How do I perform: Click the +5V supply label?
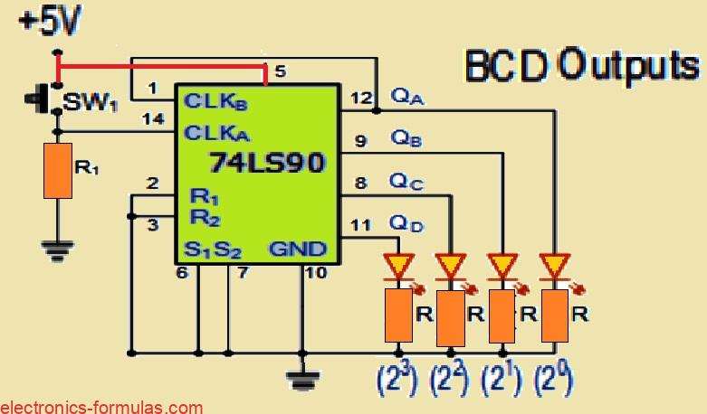point(43,20)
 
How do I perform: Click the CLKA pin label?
point(216,133)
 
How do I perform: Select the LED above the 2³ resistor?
point(397,266)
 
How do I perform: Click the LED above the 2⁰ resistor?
point(552,266)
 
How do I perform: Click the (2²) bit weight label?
point(446,381)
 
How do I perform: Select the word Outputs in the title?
point(629,64)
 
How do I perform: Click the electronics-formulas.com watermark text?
point(101,407)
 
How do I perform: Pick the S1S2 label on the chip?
point(211,248)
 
